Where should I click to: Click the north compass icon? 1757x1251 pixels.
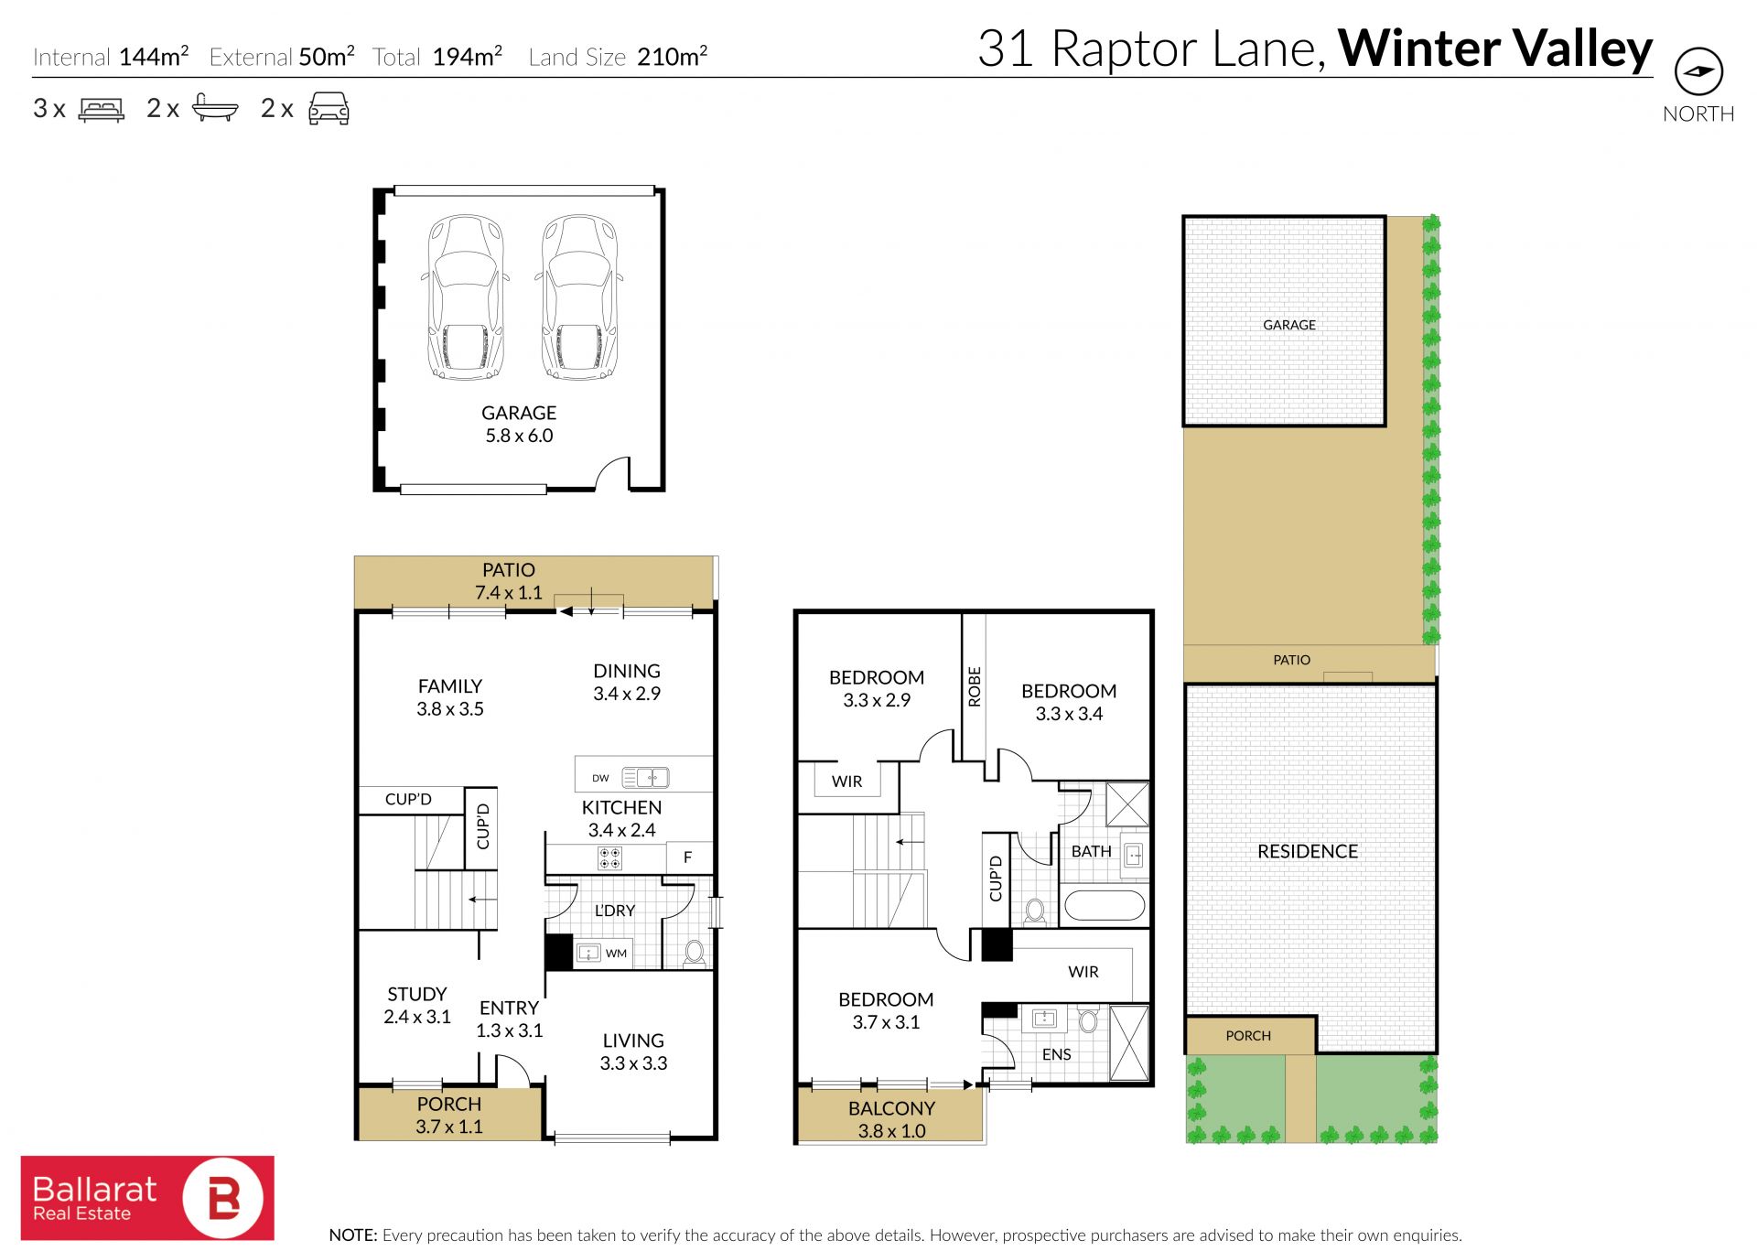1698,71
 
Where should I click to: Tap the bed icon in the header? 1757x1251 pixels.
102,109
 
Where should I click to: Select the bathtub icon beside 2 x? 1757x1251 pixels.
215,108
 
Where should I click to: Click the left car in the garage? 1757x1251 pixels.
466,297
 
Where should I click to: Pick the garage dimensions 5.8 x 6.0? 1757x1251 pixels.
519,436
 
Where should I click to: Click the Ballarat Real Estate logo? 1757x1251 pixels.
147,1197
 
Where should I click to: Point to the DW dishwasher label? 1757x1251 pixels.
600,779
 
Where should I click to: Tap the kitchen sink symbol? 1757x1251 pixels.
645,778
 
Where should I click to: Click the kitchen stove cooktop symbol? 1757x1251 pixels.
609,858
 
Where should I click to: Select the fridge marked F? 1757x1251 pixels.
688,857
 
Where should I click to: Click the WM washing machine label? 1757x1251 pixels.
617,954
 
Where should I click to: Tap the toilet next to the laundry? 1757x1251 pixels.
695,953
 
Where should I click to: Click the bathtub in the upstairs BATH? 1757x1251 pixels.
1105,907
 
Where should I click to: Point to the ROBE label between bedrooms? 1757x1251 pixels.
975,686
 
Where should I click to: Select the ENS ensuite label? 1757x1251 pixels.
1056,1054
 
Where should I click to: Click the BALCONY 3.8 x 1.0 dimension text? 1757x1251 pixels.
891,1131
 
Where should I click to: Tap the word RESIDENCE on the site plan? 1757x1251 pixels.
1308,851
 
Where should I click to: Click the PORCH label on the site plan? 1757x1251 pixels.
1248,1036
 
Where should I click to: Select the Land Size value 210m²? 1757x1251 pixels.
673,56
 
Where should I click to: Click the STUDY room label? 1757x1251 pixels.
417,994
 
